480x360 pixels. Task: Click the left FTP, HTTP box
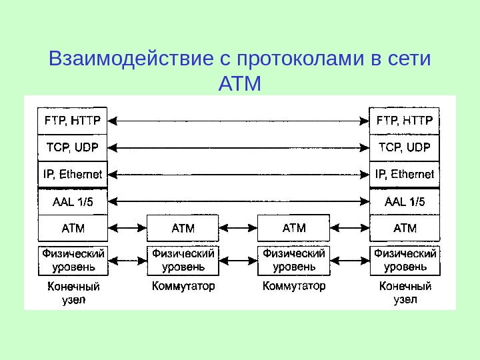(x=72, y=121)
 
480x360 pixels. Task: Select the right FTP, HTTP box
(x=405, y=121)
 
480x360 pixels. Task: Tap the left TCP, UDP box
(x=72, y=147)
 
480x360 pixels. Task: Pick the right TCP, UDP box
(x=405, y=147)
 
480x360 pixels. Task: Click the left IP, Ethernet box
(x=72, y=175)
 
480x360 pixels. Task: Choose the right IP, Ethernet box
(x=405, y=175)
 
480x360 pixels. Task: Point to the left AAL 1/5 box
(x=72, y=201)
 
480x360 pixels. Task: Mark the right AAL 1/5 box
(x=405, y=201)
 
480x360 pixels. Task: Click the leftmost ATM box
(x=72, y=228)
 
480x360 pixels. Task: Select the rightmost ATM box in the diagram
(x=405, y=228)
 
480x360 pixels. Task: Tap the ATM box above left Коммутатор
(x=183, y=228)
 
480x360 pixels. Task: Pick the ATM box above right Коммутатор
(x=293, y=228)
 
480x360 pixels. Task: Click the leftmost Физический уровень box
(x=72, y=260)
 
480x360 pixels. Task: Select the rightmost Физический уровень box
(x=405, y=260)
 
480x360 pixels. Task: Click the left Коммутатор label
(x=183, y=287)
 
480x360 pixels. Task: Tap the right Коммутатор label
(x=294, y=287)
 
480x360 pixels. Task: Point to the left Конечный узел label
(x=72, y=293)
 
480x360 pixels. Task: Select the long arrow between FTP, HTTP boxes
(x=238, y=121)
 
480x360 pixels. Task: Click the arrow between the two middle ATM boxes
(x=238, y=228)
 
